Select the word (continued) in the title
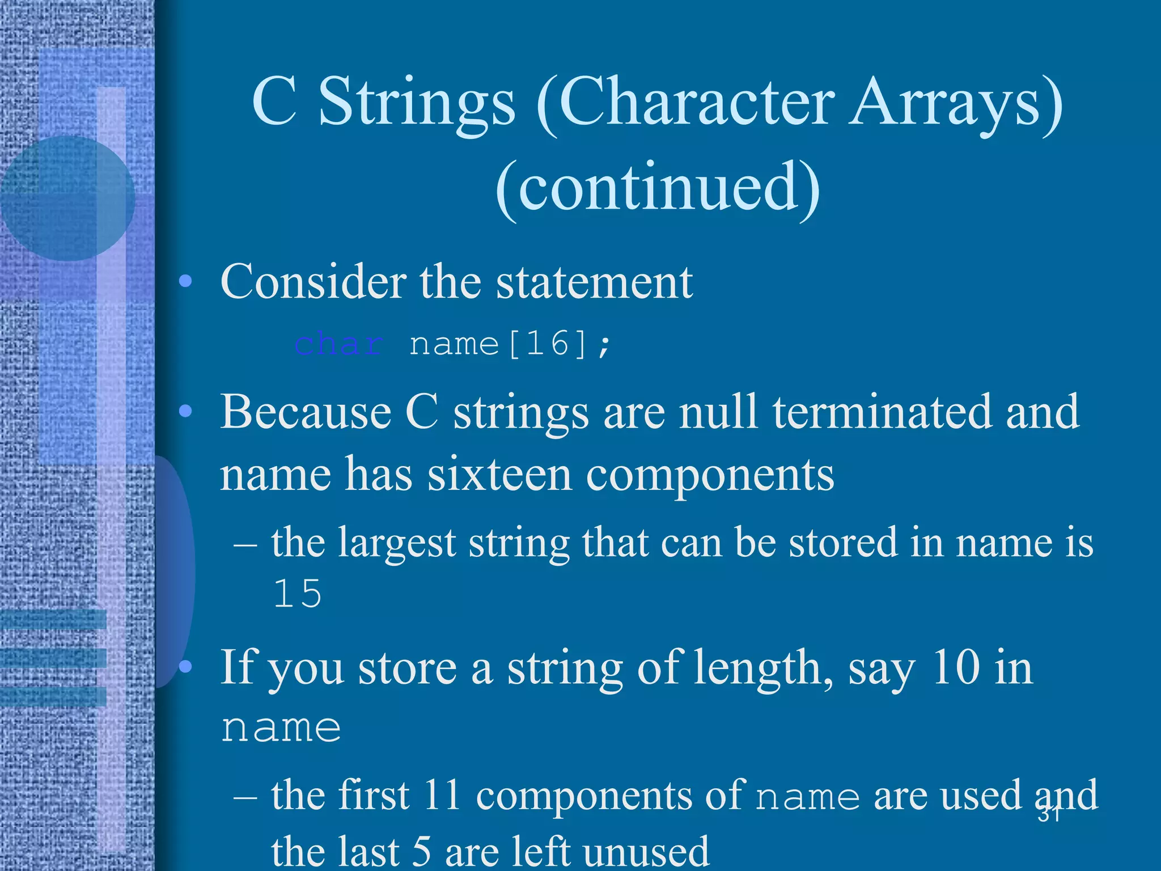658,187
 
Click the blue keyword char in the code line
338,344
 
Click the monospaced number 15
298,594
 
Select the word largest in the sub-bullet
397,543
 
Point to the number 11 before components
442,795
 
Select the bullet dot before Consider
185,281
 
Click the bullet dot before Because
185,412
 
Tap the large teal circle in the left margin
67,198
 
